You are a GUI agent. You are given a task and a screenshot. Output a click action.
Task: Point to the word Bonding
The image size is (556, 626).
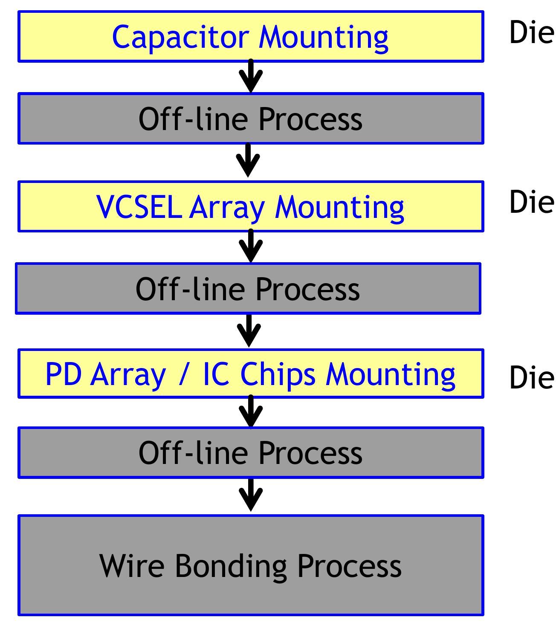231,566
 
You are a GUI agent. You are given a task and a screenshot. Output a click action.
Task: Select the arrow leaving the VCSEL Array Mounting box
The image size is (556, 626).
251,247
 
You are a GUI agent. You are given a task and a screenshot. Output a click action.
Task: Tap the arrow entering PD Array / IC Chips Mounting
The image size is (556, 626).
249,331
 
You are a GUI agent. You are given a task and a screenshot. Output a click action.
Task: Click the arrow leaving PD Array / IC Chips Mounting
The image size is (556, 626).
251,412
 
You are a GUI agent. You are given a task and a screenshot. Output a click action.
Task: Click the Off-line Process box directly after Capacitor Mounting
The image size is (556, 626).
251,119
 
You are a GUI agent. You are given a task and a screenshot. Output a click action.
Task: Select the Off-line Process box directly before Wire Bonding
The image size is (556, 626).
251,453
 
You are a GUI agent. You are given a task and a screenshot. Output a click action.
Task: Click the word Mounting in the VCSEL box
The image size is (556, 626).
339,208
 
